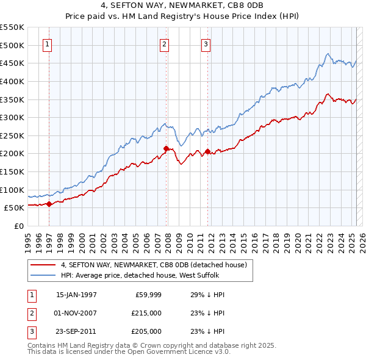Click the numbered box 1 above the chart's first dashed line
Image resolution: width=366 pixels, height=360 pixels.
pos(48,43)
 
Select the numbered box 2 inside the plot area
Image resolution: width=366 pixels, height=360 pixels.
pos(165,43)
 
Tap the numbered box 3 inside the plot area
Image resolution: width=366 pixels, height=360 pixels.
pos(206,43)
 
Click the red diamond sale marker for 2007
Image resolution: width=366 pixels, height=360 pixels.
pos(166,148)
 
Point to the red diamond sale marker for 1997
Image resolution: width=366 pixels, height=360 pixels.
pos(49,204)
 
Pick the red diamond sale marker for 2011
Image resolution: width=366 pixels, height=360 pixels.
pos(208,152)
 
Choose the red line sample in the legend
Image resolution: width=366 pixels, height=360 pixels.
pos(43,265)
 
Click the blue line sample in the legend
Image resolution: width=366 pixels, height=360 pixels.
pos(43,275)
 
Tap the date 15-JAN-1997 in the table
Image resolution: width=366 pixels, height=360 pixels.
pos(76,295)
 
